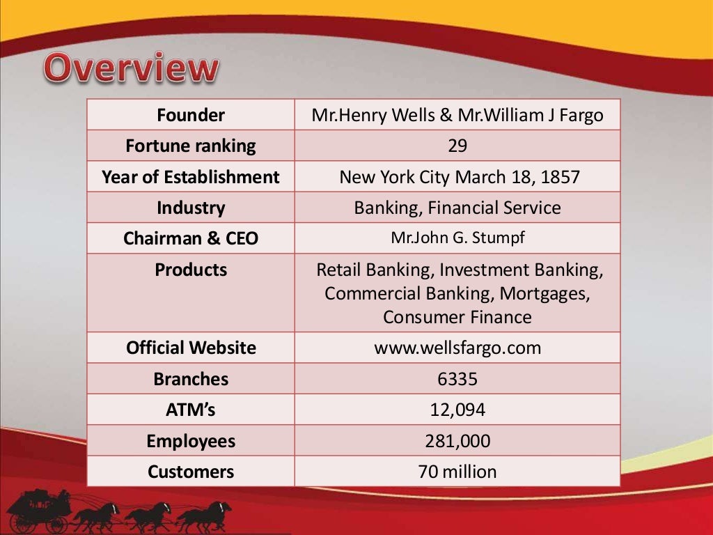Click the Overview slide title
pyautogui.click(x=132, y=69)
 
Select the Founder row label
pyautogui.click(x=190, y=115)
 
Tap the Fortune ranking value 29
pyautogui.click(x=457, y=146)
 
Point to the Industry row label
pyautogui.click(x=190, y=208)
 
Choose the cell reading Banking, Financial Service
pyautogui.click(x=457, y=208)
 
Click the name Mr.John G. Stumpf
pyautogui.click(x=457, y=238)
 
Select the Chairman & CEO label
pyautogui.click(x=190, y=238)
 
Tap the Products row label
pyautogui.click(x=190, y=270)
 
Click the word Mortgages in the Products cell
pyautogui.click(x=545, y=293)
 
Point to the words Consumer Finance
pyautogui.click(x=457, y=317)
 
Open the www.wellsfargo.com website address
pyautogui.click(x=457, y=348)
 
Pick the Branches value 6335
pyautogui.click(x=457, y=379)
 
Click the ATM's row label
pyautogui.click(x=190, y=410)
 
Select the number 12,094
pyautogui.click(x=457, y=410)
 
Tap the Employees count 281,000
pyautogui.click(x=457, y=441)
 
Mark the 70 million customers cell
pyautogui.click(x=457, y=472)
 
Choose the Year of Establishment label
pyautogui.click(x=190, y=177)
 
